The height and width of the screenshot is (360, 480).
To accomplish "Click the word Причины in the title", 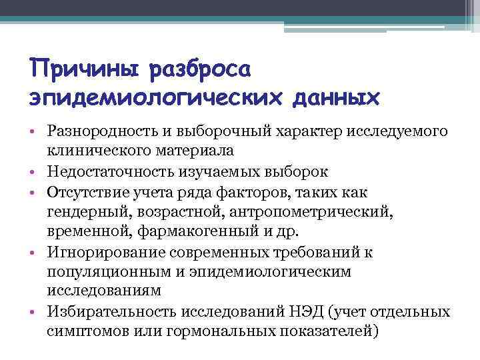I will (83, 69).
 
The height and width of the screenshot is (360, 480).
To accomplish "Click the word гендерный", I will (83, 212).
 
